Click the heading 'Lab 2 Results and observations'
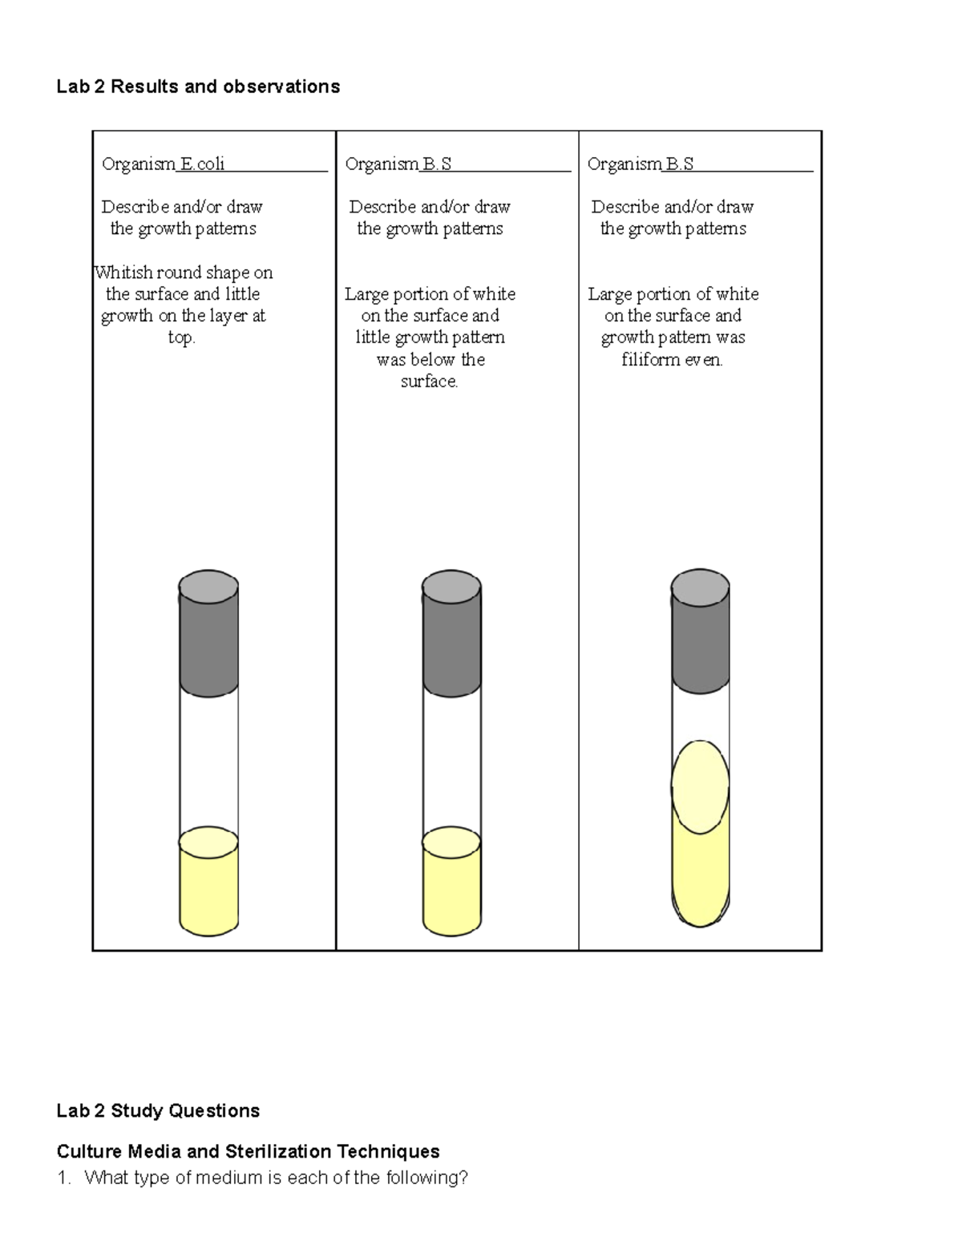(x=198, y=87)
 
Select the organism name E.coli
(x=202, y=164)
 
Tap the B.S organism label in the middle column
(x=437, y=164)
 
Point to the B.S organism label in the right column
(x=679, y=164)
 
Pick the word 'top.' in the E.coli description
(x=182, y=338)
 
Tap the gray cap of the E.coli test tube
(x=208, y=633)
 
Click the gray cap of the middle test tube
(x=452, y=633)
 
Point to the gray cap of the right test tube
(x=700, y=633)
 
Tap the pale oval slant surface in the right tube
(x=700, y=788)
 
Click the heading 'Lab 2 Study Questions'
(x=158, y=1111)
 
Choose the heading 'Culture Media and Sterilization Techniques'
(x=248, y=1152)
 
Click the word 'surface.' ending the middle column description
(x=430, y=382)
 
